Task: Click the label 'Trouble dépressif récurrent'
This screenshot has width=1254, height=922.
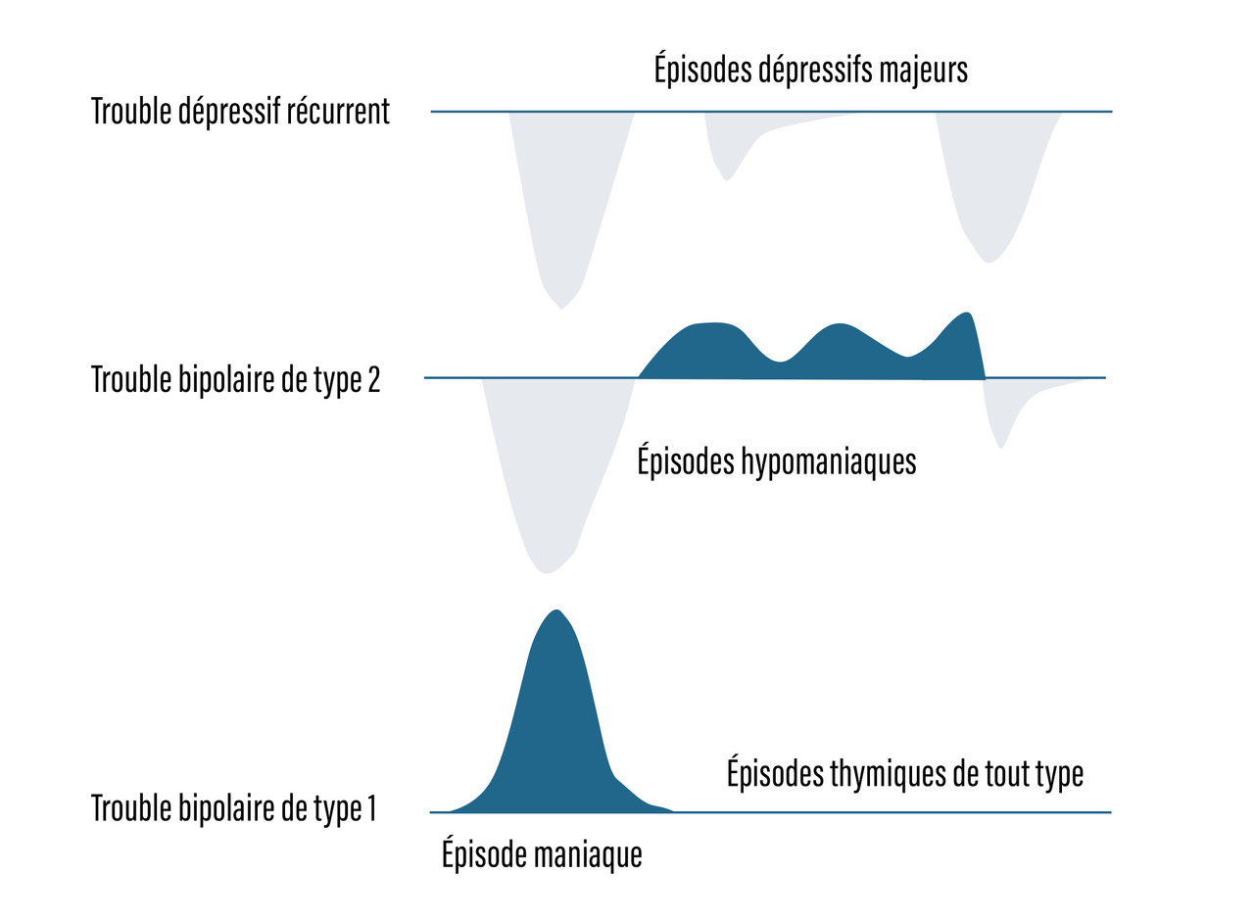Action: [x=240, y=112]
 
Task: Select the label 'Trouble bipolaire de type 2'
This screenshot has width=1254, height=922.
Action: [x=235, y=379]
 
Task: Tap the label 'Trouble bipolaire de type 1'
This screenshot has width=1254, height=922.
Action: [x=233, y=809]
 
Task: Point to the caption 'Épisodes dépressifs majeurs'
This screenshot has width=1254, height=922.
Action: [x=810, y=71]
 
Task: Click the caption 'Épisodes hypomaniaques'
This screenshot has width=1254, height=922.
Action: [x=776, y=461]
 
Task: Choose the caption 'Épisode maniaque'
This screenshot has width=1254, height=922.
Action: [x=542, y=854]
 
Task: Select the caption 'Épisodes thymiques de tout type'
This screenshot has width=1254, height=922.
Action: [x=904, y=774]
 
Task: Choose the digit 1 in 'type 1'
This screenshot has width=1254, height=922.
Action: [x=370, y=809]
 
